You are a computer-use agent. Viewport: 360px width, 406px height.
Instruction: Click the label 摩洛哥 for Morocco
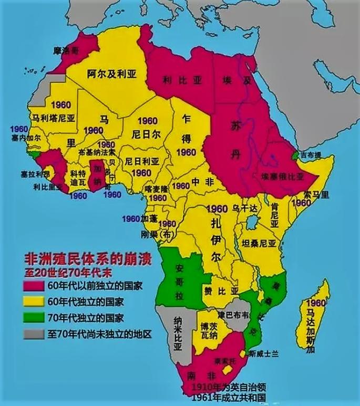coord(69,51)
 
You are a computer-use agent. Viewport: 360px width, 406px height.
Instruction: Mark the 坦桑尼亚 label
coord(257,244)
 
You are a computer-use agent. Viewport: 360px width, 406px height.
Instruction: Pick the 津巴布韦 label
coord(235,315)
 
